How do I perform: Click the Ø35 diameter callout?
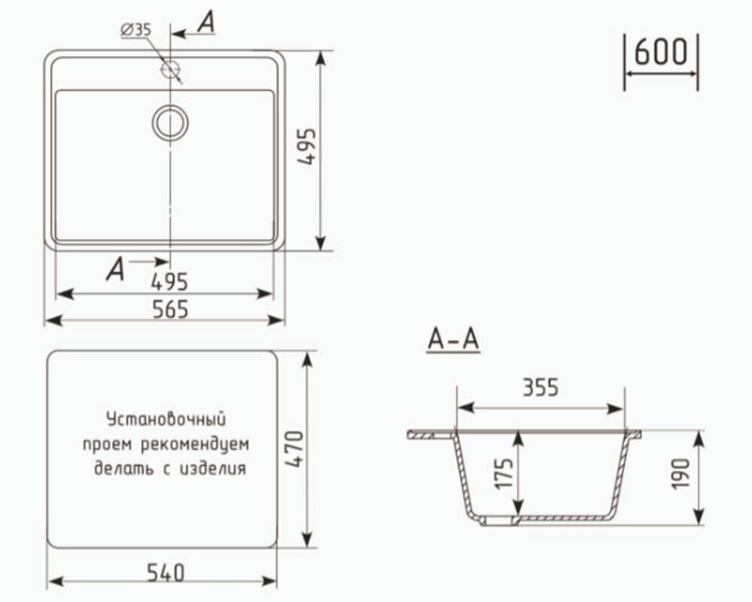click(x=136, y=30)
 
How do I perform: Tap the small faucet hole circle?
click(x=169, y=69)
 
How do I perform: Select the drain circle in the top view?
click(x=170, y=123)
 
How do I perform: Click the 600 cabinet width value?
click(x=660, y=51)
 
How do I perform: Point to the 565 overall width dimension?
click(x=170, y=309)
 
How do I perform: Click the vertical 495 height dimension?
click(x=307, y=147)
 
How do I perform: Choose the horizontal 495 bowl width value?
click(x=169, y=282)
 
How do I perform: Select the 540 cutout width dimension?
click(x=165, y=573)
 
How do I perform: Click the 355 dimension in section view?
click(x=540, y=388)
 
